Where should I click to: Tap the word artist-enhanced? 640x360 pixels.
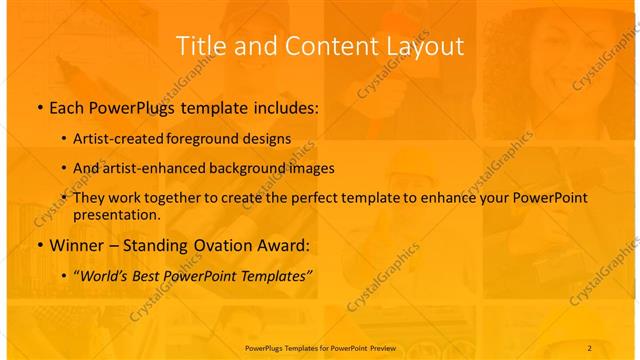159,168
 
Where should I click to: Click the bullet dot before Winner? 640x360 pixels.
38,244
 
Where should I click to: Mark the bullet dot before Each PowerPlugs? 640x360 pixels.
38,106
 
